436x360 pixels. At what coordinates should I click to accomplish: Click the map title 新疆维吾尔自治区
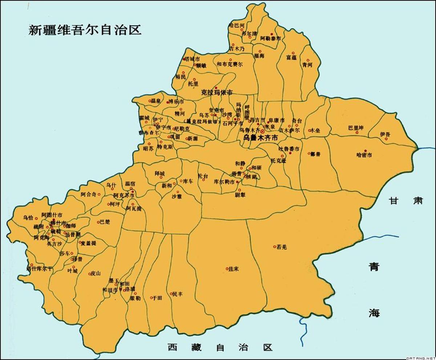coord(85,29)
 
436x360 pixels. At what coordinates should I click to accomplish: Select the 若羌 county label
coord(282,247)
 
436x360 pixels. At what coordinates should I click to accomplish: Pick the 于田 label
coord(157,298)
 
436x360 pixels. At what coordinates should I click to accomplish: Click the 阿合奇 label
coord(89,194)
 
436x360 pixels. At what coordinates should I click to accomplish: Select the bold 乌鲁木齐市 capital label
coord(261,138)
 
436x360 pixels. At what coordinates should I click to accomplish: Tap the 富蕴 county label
coord(291,57)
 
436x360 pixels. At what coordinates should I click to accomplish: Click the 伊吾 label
coord(385,135)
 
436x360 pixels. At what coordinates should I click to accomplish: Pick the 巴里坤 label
coord(356,128)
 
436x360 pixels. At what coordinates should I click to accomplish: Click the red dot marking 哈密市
coord(366,151)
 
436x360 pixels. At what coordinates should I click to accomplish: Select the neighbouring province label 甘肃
coord(406,201)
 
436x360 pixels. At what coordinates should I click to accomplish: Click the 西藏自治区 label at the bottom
coord(220,348)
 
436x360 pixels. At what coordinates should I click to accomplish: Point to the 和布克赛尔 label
coord(230,64)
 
